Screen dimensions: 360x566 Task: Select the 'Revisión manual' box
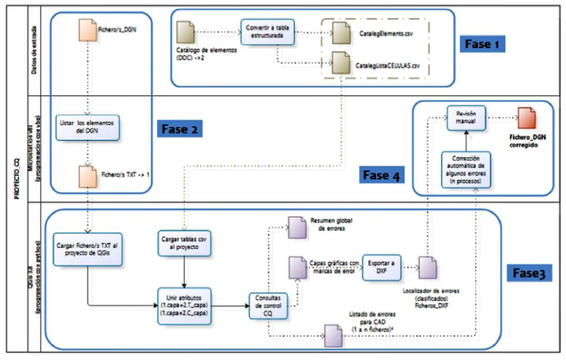click(466, 117)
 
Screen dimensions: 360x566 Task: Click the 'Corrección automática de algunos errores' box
click(466, 167)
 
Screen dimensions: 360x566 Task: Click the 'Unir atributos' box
click(182, 303)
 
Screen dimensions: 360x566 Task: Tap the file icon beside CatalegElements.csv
click(340, 32)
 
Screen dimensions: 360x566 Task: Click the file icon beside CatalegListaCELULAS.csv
click(340, 63)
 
